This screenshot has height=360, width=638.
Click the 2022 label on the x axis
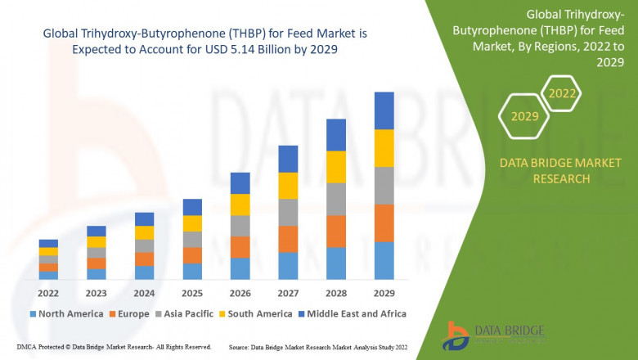coord(48,292)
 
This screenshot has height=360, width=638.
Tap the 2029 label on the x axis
coord(384,292)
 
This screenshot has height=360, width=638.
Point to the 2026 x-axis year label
coord(240,292)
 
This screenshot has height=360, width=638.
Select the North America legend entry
coord(65,313)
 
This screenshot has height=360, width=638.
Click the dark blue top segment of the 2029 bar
coord(384,110)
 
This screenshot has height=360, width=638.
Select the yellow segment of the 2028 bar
coord(336,167)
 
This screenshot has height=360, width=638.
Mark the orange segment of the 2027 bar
coord(288,239)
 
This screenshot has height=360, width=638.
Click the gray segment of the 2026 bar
coord(240,226)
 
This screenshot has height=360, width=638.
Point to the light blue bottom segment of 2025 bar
coord(192,272)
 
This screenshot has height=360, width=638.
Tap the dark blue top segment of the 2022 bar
coord(48,243)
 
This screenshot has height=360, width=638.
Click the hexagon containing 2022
coord(562,94)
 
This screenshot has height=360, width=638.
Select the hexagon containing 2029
coord(524,117)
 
